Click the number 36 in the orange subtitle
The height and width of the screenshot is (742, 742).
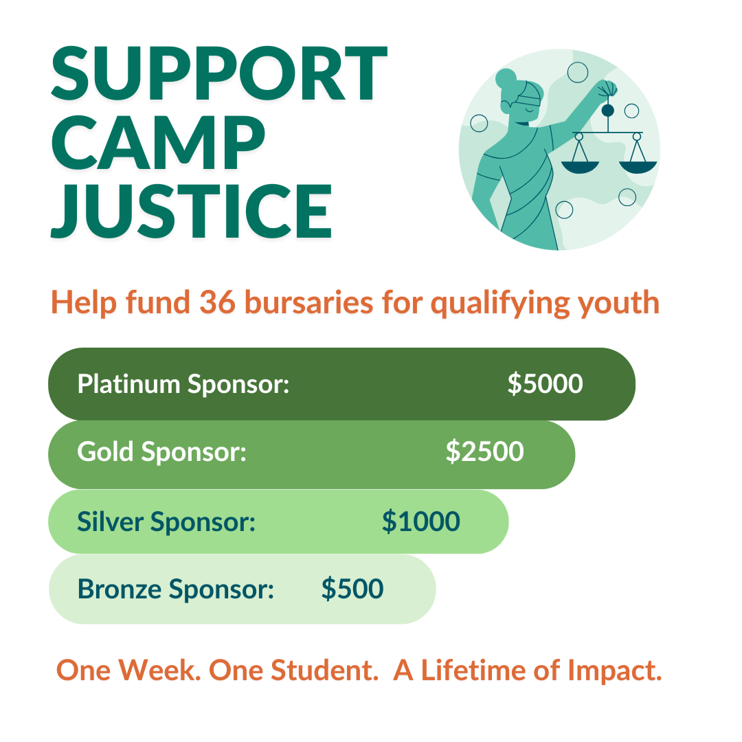[x=218, y=302]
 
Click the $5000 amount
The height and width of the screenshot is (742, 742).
[x=545, y=383]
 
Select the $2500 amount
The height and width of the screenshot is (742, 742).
[x=484, y=451]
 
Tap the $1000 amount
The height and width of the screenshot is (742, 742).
[x=420, y=521]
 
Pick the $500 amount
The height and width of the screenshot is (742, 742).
[x=352, y=589]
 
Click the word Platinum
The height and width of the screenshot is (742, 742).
[x=128, y=383]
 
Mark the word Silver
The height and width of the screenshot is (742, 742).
[x=110, y=521]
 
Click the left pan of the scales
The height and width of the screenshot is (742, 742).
[x=580, y=167]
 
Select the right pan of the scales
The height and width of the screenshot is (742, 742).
[x=638, y=167]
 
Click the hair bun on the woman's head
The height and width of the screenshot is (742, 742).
[x=505, y=78]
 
